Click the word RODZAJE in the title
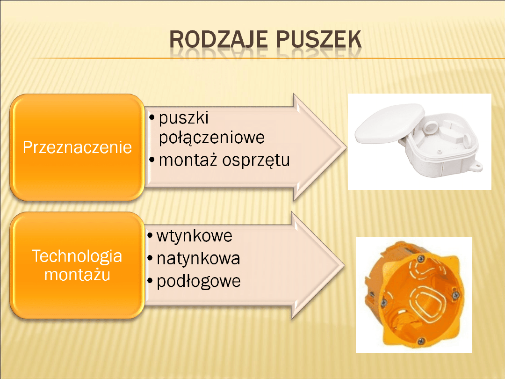[x=218, y=39]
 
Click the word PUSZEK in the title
[x=318, y=39]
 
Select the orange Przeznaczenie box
[x=77, y=147]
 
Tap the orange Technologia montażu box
[x=77, y=265]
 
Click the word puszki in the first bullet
[x=184, y=118]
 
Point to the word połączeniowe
[x=212, y=138]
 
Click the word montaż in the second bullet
[x=188, y=160]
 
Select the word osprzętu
[x=256, y=160]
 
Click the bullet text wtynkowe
[x=194, y=236]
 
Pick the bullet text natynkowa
[x=198, y=258]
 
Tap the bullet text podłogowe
[x=198, y=281]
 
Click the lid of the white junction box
[x=389, y=123]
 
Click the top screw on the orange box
[x=421, y=259]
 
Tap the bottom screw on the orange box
[x=421, y=341]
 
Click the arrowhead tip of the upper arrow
[x=346, y=148]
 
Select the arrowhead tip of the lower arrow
[x=345, y=266]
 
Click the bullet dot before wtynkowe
[x=150, y=236]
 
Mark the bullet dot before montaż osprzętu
[x=152, y=160]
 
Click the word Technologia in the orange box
[x=77, y=256]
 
